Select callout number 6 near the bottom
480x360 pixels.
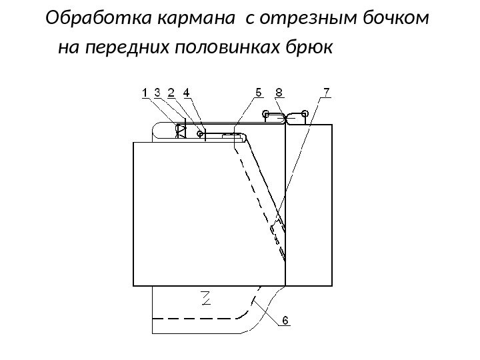pyautogui.click(x=285, y=321)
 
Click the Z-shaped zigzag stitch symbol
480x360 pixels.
pyautogui.click(x=207, y=298)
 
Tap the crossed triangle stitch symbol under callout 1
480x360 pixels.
pyautogui.click(x=180, y=131)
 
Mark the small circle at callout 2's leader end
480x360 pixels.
pyautogui.click(x=200, y=133)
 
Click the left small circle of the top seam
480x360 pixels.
pyautogui.click(x=265, y=113)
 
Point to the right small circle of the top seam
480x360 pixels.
pyautogui.click(x=305, y=113)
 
